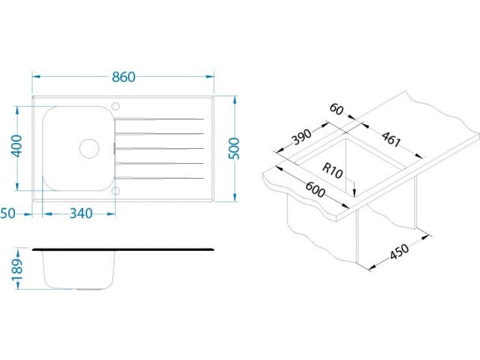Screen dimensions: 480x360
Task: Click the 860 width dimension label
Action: [124, 77]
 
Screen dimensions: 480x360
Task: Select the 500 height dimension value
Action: [235, 148]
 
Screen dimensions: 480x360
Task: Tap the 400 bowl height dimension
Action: [17, 146]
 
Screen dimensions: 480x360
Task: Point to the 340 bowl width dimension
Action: [81, 214]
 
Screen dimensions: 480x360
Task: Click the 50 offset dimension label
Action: [8, 214]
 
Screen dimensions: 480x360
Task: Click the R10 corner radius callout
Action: [332, 171]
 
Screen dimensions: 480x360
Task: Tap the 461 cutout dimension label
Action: [391, 140]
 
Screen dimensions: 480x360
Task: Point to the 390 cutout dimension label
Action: [302, 137]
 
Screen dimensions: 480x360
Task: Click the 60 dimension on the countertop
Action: [337, 110]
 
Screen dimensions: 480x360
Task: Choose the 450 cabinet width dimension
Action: [399, 251]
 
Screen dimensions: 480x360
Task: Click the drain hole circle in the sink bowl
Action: [89, 148]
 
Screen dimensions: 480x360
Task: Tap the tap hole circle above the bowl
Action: [116, 106]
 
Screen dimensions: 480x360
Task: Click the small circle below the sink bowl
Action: [115, 191]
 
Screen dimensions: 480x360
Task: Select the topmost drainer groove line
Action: [159, 119]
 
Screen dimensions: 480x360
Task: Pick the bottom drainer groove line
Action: [159, 178]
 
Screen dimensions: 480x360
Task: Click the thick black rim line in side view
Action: [123, 250]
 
